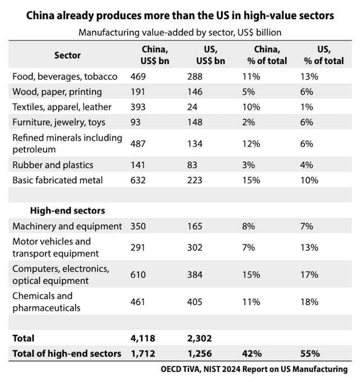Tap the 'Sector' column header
tap(67, 55)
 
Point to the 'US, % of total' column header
tap(322, 55)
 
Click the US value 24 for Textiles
tap(192, 107)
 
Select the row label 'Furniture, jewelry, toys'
tap(58, 121)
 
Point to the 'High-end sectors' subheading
tap(67, 211)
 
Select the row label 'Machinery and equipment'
tap(67, 226)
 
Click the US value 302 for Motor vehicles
tap(194, 248)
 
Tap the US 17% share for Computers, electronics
tap(309, 275)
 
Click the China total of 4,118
tap(142, 338)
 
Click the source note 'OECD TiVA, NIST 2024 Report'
tap(253, 369)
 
